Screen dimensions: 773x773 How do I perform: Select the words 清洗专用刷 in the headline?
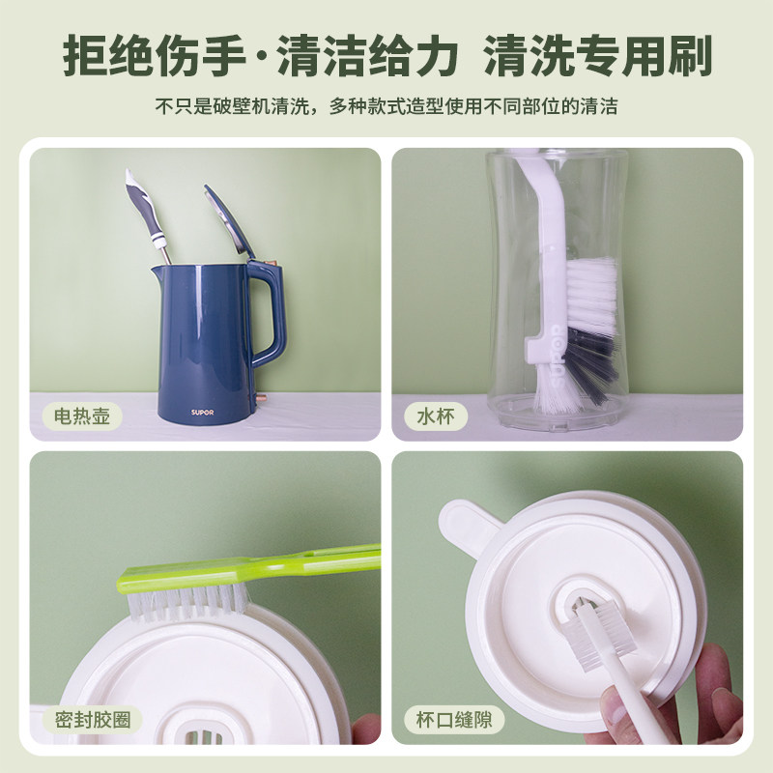(x=599, y=57)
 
